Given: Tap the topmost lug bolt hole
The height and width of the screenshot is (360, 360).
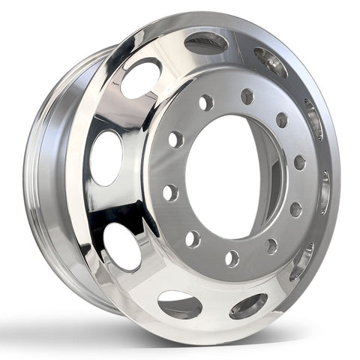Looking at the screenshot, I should [247, 96].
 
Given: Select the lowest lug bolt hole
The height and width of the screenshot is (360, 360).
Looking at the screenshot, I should [232, 258].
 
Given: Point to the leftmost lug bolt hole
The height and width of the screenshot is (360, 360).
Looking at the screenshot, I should [169, 191].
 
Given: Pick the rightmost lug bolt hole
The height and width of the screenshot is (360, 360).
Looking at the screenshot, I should [299, 162].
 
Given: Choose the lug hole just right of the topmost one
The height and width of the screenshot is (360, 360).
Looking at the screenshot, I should [282, 119].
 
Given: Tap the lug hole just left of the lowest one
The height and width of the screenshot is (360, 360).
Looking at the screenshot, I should [193, 238].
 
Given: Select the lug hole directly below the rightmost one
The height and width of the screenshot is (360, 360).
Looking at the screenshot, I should [295, 208].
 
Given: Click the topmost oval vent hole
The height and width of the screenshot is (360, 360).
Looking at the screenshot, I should [206, 42].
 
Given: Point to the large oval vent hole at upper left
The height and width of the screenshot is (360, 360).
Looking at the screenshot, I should [141, 78].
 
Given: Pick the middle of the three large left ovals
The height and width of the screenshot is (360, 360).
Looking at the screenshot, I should [106, 157].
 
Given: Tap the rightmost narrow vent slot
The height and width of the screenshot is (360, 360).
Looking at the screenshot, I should [325, 190].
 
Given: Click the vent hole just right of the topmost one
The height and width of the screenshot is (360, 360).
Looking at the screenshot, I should [270, 61].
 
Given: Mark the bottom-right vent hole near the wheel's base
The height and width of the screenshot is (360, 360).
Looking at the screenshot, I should [248, 305].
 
